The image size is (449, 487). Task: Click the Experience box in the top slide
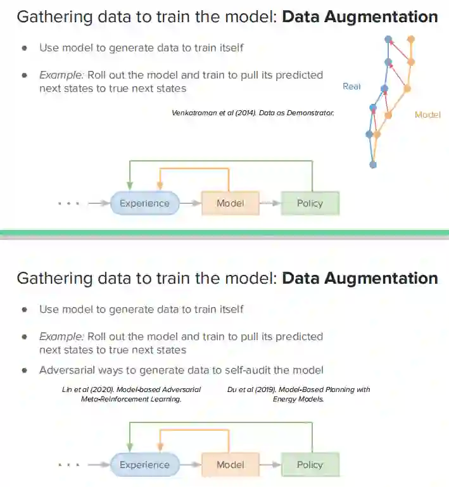144,203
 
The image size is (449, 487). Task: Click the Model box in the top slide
230,203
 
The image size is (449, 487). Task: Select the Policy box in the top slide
310,203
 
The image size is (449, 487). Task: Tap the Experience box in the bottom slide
144,465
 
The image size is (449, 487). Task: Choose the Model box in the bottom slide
230,465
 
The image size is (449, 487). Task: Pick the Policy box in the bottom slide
310,465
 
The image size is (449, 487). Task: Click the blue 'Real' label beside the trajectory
351,86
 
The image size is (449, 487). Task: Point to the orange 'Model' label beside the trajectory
427,115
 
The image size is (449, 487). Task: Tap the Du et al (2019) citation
298,394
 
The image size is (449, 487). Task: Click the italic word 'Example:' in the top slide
61,75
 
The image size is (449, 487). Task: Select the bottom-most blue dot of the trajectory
373,165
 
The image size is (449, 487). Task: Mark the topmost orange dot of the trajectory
411,39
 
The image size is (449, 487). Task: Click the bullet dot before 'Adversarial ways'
24,370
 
